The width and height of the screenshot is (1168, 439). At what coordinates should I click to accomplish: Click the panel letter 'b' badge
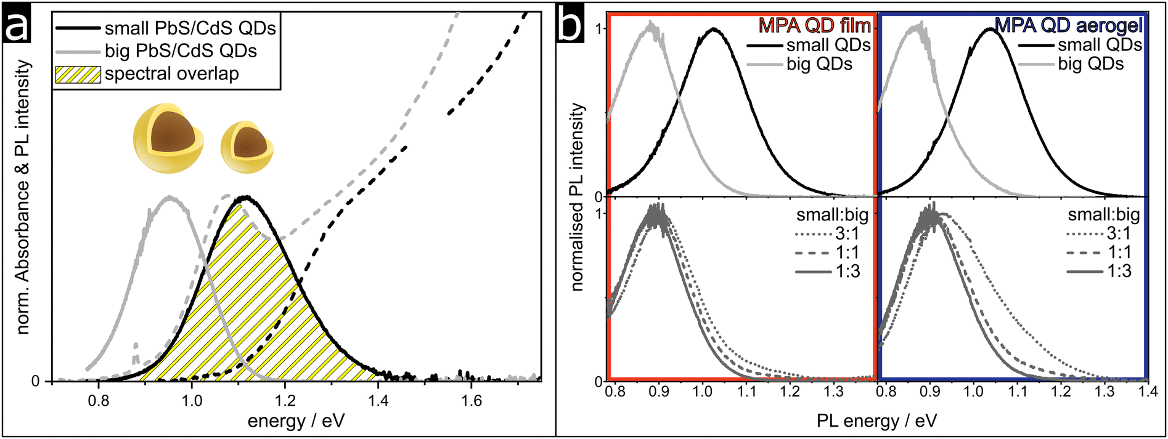point(571,26)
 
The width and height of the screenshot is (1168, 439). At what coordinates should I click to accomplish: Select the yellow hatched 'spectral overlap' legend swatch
point(78,75)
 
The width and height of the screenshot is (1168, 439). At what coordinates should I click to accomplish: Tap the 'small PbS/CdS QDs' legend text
point(190,28)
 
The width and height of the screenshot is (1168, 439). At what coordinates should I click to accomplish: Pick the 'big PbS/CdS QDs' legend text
point(181,51)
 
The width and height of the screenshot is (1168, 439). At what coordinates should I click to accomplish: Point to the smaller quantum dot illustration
point(247,147)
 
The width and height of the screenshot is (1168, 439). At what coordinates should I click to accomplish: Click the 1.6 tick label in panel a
point(472,401)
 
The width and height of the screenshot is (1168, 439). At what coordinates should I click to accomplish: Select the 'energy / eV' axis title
point(296,421)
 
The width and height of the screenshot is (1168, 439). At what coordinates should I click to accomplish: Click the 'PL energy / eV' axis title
point(876,421)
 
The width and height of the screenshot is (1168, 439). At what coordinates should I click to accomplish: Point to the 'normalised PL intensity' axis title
point(577,197)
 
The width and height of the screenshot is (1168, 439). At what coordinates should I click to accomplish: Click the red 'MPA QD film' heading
point(814,25)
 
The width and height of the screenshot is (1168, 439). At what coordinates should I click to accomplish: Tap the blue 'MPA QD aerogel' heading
point(1069,25)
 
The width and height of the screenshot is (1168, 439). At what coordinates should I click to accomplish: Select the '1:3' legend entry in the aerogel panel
point(1118,272)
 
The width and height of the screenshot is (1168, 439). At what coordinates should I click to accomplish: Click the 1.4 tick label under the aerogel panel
point(1148,392)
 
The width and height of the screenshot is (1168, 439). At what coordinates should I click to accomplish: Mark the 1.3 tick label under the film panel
point(833,392)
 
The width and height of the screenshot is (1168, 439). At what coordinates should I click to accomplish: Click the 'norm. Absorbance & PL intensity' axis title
point(23,197)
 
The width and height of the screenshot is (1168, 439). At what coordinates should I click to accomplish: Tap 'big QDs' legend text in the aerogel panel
point(1091,64)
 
